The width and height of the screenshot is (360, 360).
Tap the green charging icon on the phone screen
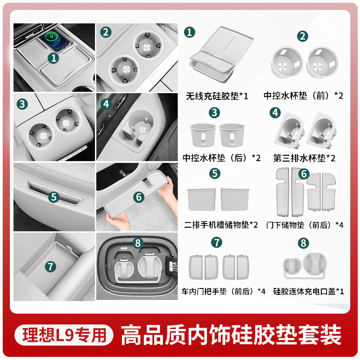pyautogui.click(x=51, y=36)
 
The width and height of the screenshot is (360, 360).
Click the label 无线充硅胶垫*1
pyautogui.click(x=217, y=96)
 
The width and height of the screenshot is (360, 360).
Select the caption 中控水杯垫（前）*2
pyautogui.click(x=303, y=96)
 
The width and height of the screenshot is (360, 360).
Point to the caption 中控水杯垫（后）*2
pyautogui.click(x=221, y=158)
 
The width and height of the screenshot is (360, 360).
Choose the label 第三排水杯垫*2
pyautogui.click(x=304, y=158)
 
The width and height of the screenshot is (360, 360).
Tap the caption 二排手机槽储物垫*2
pyautogui.click(x=221, y=225)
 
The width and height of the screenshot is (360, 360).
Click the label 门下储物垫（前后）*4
pyautogui.click(x=305, y=225)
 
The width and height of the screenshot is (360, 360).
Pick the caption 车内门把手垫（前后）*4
pyautogui.click(x=223, y=291)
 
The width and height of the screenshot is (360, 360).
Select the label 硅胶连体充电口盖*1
pyautogui.click(x=309, y=291)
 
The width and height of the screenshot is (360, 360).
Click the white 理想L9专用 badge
pyautogui.click(x=64, y=335)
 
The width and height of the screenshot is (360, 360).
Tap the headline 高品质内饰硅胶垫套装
pyautogui.click(x=231, y=335)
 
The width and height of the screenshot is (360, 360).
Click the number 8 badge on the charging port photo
pyautogui.click(x=138, y=243)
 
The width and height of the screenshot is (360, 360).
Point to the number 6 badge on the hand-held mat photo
pyautogui.click(x=139, y=197)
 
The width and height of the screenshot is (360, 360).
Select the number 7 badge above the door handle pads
pyautogui.click(x=216, y=242)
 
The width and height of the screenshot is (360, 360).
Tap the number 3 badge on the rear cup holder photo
pyautogui.click(x=22, y=104)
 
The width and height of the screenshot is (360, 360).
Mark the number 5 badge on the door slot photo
pyautogui.click(x=54, y=197)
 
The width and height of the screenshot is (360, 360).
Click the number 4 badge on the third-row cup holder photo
pyautogui.click(x=106, y=104)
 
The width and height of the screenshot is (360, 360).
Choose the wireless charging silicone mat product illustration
pyautogui.click(x=221, y=54)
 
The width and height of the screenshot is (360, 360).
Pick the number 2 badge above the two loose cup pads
pyautogui.click(x=302, y=36)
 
